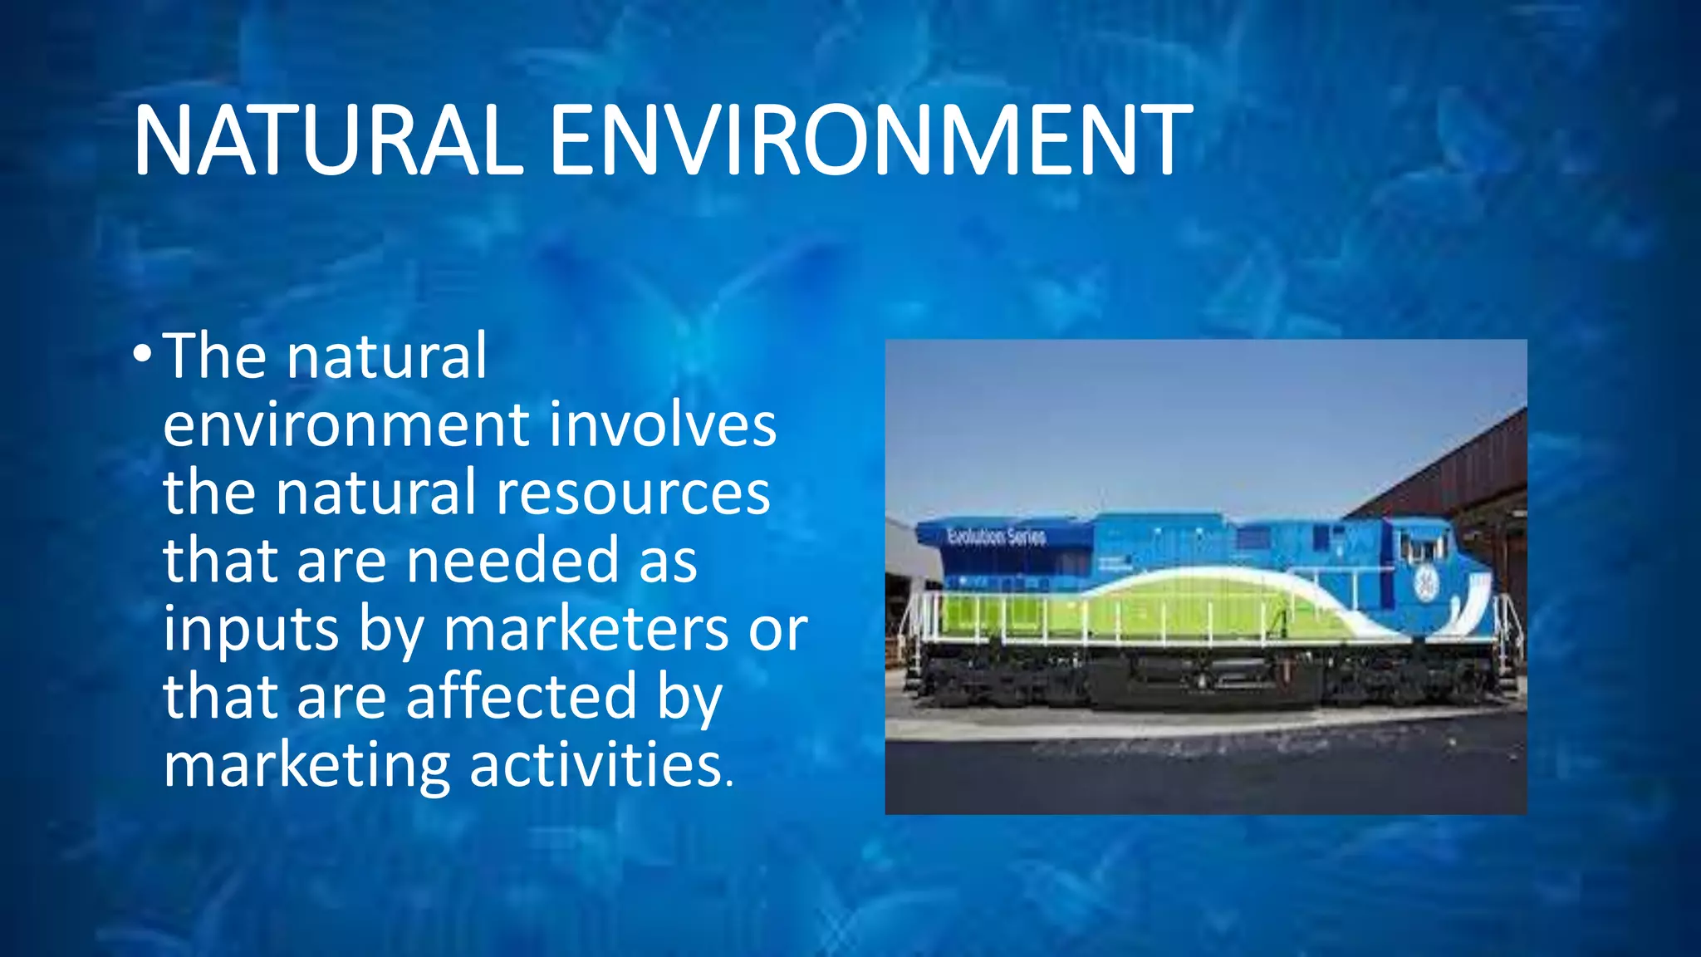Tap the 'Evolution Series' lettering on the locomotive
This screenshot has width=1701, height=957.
pyautogui.click(x=996, y=537)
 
